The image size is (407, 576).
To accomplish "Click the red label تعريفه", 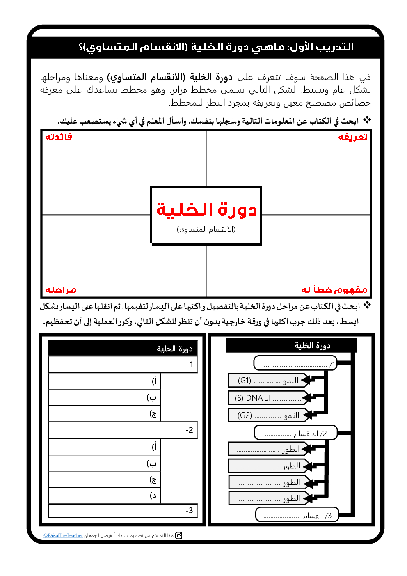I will pos(352,137).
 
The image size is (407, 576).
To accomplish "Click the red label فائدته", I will pos(59,137).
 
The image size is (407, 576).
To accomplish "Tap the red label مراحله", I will pos(61,290).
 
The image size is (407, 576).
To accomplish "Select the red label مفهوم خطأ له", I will pos(334,290).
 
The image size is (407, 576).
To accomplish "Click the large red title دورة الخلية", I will pos(206,209).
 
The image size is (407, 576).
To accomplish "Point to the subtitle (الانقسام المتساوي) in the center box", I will pos(206,229).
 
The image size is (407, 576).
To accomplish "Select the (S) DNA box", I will pos(267,398).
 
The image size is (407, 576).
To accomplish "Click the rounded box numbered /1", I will pos(295,363).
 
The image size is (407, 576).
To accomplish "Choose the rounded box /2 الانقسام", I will pos(295,433).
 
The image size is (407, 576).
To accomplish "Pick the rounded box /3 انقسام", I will pos(297,515).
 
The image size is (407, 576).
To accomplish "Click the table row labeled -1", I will pos(123,365).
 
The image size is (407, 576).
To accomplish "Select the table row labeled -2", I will pos(123,430).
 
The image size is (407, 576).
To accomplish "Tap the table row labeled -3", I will pos(123,511).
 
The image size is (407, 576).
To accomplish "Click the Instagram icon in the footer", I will pos(179,535).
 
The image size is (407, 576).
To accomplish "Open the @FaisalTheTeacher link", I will pos(63,535).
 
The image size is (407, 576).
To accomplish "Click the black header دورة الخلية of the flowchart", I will pos(291,346).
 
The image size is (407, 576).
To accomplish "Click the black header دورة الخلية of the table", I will pos(123,349).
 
